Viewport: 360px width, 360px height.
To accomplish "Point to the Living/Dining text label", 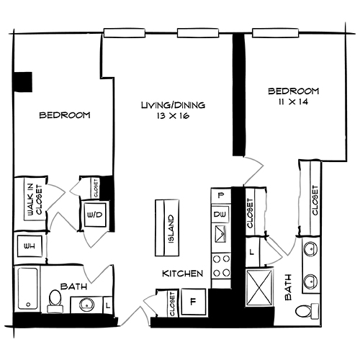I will pos(173,105).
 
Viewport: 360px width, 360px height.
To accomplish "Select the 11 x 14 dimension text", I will pos(293,102).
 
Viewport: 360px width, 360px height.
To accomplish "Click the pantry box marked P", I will pos(220,195).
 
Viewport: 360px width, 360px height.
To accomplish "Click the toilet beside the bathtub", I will pos(55,302).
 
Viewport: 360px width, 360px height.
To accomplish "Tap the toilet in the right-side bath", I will pos(309,310).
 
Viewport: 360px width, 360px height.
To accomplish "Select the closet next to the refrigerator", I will pos(172,303).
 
